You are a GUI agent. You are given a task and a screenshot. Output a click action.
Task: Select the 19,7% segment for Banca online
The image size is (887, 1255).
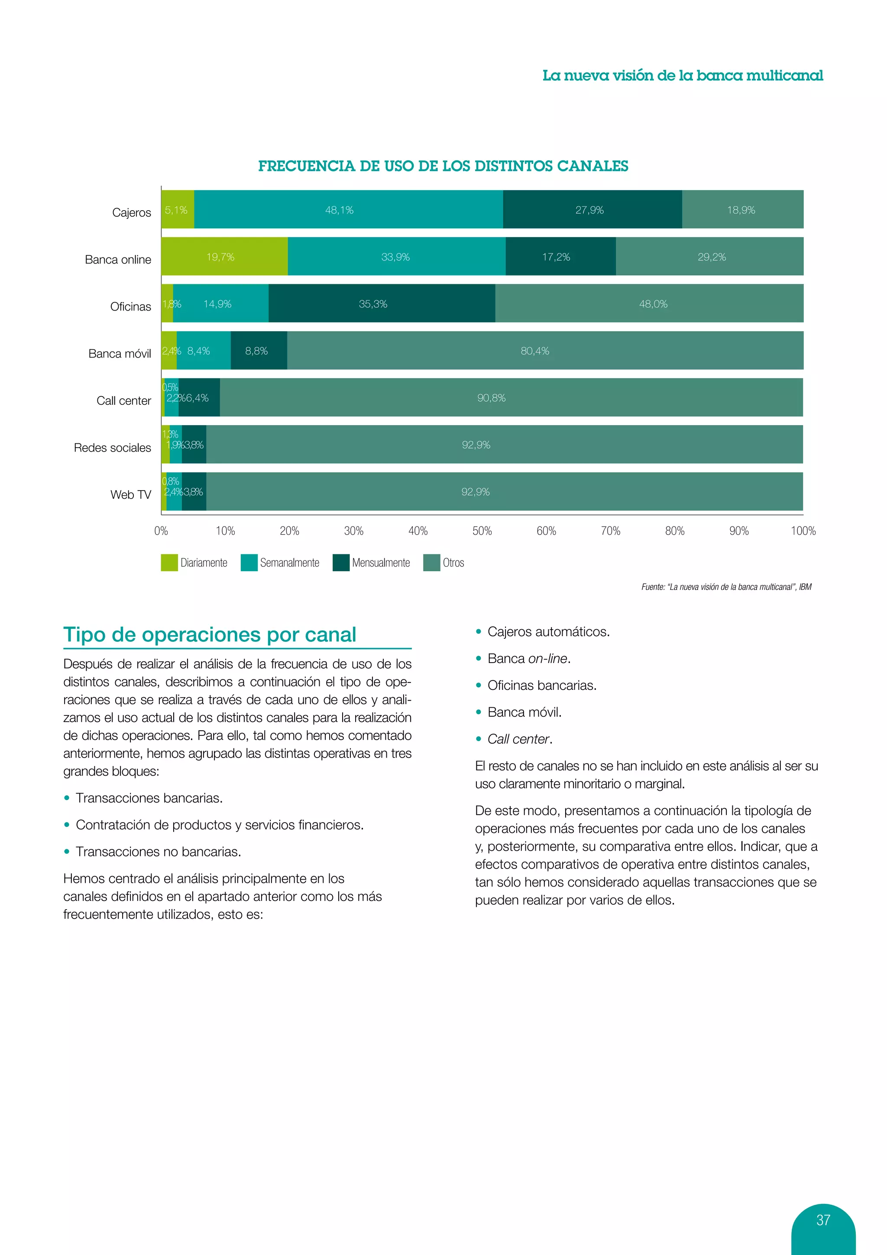pyautogui.click(x=224, y=257)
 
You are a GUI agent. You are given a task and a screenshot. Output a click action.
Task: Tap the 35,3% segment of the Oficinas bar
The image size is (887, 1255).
pyautogui.click(x=381, y=304)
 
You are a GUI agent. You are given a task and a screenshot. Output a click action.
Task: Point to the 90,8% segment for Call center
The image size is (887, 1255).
pyautogui.click(x=511, y=398)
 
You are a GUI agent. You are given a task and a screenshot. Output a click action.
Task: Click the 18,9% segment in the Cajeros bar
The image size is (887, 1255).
pyautogui.click(x=742, y=210)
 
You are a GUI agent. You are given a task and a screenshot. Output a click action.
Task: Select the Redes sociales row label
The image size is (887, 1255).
pyautogui.click(x=113, y=448)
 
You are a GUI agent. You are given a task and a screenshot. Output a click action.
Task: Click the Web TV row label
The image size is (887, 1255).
pyautogui.click(x=130, y=494)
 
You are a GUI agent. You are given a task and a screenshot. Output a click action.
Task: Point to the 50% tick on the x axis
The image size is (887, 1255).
pyautogui.click(x=482, y=531)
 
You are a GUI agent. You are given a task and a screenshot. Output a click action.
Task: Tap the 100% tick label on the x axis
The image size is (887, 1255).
pyautogui.click(x=803, y=531)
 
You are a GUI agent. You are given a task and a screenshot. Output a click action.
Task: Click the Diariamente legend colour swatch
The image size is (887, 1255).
pyautogui.click(x=169, y=562)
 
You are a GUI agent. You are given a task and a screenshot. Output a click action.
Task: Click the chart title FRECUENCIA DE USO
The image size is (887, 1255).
pyautogui.click(x=443, y=166)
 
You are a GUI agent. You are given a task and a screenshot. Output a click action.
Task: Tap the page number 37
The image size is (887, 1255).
pyautogui.click(x=823, y=1220)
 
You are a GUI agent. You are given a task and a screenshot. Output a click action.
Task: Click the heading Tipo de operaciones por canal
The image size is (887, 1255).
pyautogui.click(x=210, y=634)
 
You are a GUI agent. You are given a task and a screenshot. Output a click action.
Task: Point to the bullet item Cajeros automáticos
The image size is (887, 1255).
pyautogui.click(x=548, y=632)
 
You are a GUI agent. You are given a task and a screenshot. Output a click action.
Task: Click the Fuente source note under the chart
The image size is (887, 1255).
pyautogui.click(x=726, y=587)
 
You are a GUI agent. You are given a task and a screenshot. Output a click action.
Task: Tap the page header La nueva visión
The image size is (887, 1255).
pyautogui.click(x=682, y=75)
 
